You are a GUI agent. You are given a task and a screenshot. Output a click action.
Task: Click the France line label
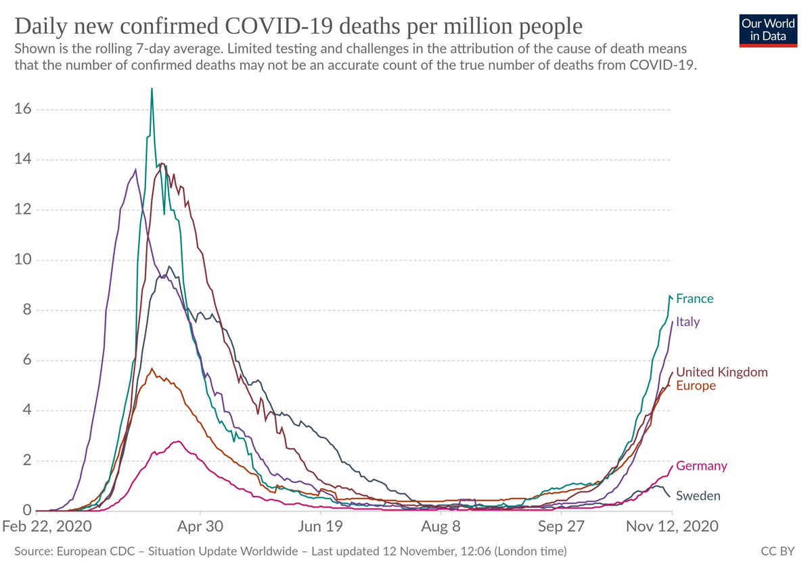tap(694, 298)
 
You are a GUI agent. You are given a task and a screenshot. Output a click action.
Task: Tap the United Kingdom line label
tap(722, 372)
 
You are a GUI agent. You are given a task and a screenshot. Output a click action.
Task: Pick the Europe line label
tap(696, 386)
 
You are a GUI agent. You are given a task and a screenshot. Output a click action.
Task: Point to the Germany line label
tap(702, 465)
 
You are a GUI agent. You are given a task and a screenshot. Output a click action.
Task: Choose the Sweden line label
tap(698, 496)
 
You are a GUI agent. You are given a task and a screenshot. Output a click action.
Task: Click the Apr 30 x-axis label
tap(200, 526)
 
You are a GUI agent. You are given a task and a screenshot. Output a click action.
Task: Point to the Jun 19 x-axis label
tap(320, 526)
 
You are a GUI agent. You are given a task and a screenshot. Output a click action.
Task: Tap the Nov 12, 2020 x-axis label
tap(671, 526)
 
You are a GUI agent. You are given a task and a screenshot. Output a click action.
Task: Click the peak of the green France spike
tap(152, 89)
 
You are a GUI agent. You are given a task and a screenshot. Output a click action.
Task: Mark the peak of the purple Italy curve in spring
tap(136, 170)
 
